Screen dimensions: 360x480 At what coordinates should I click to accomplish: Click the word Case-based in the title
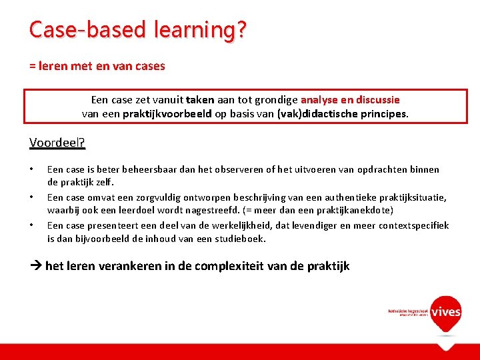point(79,29)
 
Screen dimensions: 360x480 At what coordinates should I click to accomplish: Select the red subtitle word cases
point(151,66)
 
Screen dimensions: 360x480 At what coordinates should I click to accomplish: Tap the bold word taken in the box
point(199,99)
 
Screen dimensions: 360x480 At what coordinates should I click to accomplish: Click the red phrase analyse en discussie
point(349,99)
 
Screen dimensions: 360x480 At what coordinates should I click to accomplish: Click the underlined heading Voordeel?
point(57,143)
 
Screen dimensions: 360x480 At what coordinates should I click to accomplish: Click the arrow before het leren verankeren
point(36,266)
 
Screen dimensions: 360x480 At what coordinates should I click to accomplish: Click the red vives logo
point(445,312)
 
